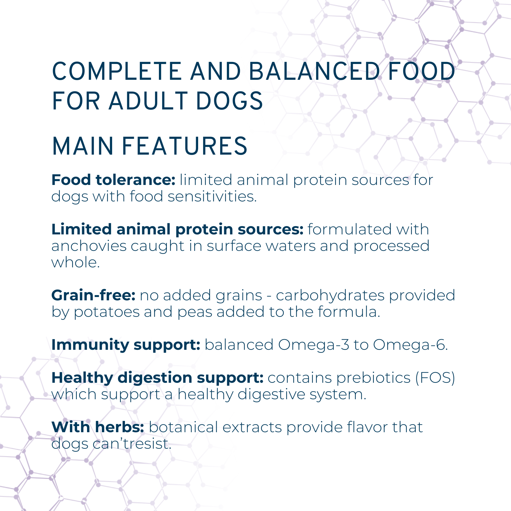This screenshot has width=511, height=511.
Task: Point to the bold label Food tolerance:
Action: click(113, 180)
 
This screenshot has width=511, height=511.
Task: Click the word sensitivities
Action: click(212, 196)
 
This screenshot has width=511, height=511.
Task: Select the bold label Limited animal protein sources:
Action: click(177, 229)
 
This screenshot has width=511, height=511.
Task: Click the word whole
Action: click(75, 262)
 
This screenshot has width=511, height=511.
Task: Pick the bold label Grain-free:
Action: click(94, 295)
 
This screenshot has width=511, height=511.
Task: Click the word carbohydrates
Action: click(330, 296)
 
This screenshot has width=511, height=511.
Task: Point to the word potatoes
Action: click(107, 312)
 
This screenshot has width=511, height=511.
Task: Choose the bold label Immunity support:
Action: click(126, 345)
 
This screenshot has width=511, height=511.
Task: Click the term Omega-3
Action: click(314, 345)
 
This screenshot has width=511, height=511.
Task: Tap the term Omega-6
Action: click(410, 345)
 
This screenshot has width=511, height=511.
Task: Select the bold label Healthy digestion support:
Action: click(158, 378)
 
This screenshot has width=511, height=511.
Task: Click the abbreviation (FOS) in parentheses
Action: click(435, 378)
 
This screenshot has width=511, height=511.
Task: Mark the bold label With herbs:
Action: click(98, 427)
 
